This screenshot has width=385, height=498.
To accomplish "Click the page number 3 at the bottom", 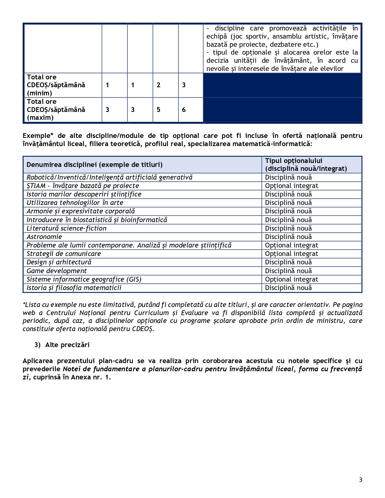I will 361,480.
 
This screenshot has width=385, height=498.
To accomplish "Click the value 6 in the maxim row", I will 184,110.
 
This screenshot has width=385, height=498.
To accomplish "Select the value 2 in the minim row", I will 159,85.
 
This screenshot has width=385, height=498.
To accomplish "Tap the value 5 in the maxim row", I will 159,110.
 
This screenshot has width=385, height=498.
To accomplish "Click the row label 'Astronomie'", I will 44,237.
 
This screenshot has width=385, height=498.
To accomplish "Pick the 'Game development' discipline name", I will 57,271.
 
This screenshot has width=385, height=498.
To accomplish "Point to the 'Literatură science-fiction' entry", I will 66,228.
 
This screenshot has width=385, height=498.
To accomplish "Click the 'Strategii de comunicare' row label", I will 64,254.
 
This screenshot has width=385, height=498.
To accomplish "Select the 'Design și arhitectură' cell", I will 59,262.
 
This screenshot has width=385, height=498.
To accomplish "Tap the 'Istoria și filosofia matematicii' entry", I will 74,288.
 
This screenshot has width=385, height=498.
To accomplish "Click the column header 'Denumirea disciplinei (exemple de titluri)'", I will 95,164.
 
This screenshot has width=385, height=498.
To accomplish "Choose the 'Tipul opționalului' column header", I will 294,161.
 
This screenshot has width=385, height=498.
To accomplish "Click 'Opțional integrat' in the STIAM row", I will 291,186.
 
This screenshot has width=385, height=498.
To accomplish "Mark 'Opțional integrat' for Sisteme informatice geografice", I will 291,279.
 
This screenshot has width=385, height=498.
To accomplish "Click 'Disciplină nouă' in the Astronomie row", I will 288,237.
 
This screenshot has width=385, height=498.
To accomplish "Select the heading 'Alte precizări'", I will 67,345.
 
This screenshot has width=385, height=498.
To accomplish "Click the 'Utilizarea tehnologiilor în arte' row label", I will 75,203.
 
